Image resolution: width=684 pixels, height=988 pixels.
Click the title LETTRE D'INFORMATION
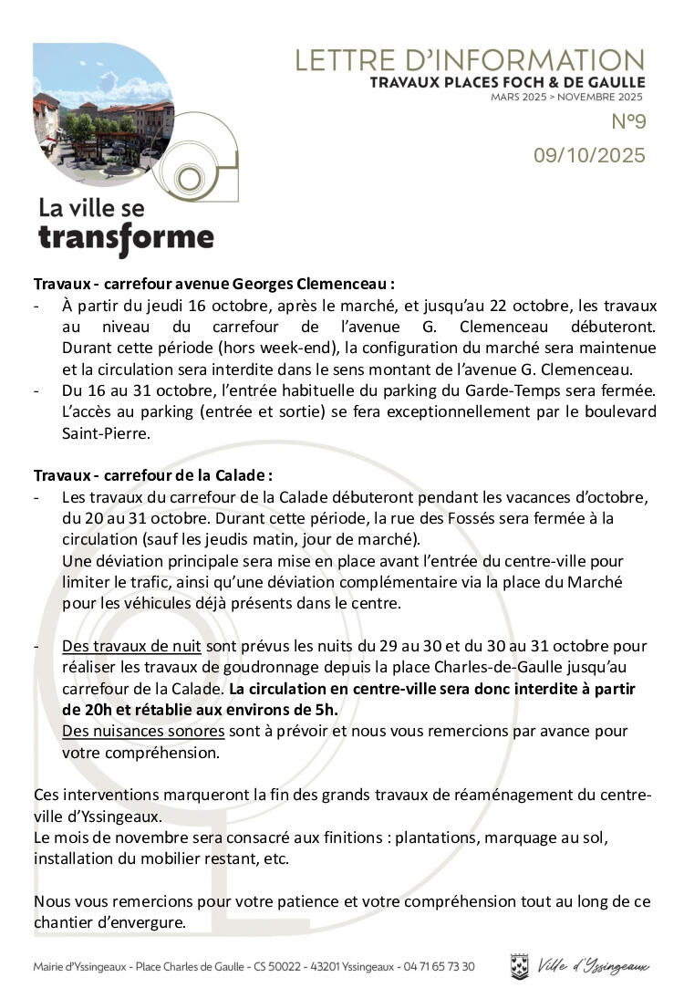tap(470, 60)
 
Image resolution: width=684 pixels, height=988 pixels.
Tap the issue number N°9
tap(627, 122)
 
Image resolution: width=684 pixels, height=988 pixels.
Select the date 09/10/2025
tap(589, 156)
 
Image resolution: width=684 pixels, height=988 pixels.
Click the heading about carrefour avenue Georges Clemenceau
tap(214, 284)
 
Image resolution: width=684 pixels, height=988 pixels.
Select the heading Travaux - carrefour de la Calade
tap(153, 475)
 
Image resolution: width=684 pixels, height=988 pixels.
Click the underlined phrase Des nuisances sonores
tap(143, 731)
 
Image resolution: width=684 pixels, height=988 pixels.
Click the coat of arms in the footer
tap(519, 965)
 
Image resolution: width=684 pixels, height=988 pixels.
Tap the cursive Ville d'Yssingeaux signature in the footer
tap(593, 965)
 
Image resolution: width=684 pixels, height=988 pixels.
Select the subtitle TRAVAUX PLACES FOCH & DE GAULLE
tap(507, 83)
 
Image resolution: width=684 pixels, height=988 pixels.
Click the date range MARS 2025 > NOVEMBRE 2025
tap(566, 97)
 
